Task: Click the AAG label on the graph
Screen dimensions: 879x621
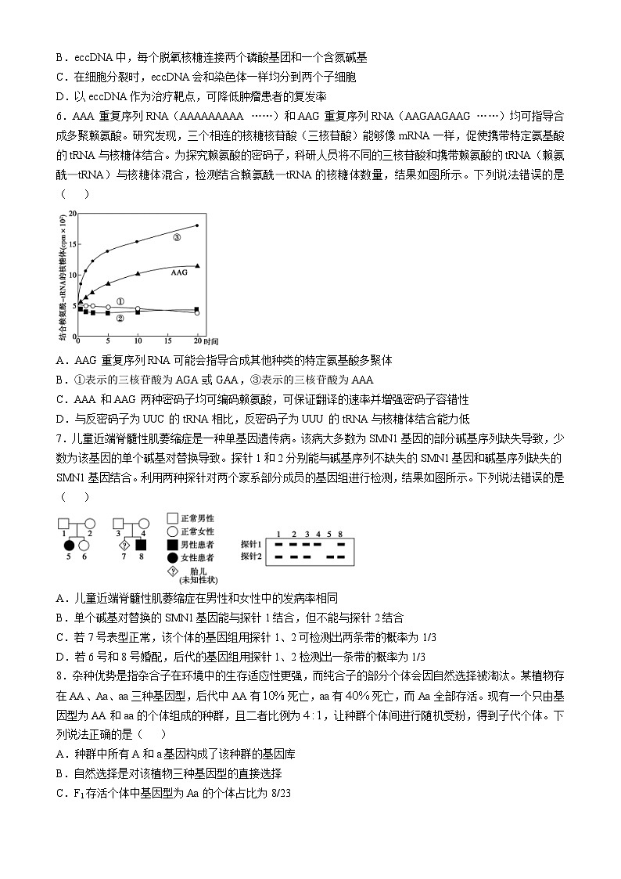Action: point(178,273)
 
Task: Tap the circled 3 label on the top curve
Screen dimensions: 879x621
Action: point(177,237)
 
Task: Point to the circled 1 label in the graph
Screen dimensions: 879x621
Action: point(120,301)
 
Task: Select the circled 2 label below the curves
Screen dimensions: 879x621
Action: point(120,319)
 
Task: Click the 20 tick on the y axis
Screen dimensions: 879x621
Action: point(70,213)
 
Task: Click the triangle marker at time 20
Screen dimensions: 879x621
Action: point(197,266)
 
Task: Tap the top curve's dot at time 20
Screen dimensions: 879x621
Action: point(197,225)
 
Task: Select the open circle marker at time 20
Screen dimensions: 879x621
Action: point(197,313)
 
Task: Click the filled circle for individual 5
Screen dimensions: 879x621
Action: point(68,545)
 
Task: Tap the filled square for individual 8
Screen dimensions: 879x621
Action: point(142,545)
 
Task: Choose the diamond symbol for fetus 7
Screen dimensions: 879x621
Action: point(123,545)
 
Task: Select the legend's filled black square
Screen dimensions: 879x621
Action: point(172,543)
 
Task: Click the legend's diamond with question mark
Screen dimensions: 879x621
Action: point(172,569)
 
